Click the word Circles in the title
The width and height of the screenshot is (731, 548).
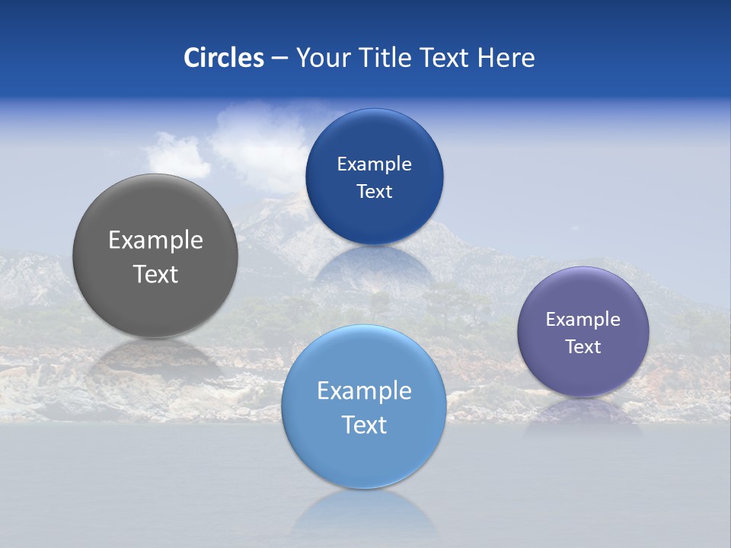pos(224,58)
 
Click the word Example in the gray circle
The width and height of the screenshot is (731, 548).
pos(155,241)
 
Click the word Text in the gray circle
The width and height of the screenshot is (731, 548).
pos(155,274)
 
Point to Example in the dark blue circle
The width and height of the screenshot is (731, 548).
pos(374,164)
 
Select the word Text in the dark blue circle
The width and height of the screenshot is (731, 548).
pos(374,192)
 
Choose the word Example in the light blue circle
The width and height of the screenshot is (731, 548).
pos(364,391)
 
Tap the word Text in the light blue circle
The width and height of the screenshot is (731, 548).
pos(364,425)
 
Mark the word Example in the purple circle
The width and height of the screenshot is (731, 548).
pos(583,320)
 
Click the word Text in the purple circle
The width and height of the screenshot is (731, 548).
pos(583,347)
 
